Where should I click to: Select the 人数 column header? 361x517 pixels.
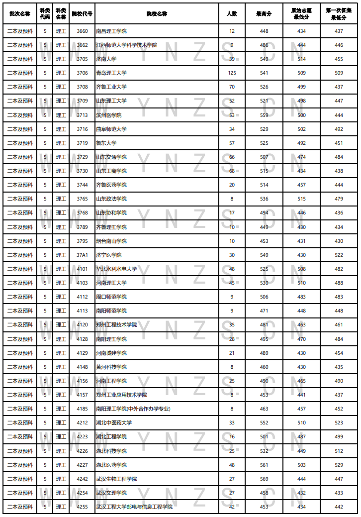232,13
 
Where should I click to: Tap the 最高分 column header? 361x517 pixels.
264,13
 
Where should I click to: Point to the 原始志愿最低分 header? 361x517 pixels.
301,13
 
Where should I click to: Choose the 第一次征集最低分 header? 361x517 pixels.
339,13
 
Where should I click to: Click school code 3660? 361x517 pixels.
82,31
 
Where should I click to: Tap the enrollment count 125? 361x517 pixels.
232,73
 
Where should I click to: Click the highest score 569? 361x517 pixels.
264,479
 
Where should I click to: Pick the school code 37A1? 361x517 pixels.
82,255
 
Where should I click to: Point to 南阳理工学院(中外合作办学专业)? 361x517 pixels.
133,409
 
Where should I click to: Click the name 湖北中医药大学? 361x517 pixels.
114,422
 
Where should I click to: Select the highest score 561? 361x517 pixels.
264,465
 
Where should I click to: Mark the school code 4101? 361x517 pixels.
82,269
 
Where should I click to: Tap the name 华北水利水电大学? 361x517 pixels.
116,269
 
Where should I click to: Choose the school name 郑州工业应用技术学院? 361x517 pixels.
121,395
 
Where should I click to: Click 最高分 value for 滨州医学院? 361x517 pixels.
264,115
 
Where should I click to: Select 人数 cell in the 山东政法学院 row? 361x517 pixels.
232,199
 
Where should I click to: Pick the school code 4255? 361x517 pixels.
82,507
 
